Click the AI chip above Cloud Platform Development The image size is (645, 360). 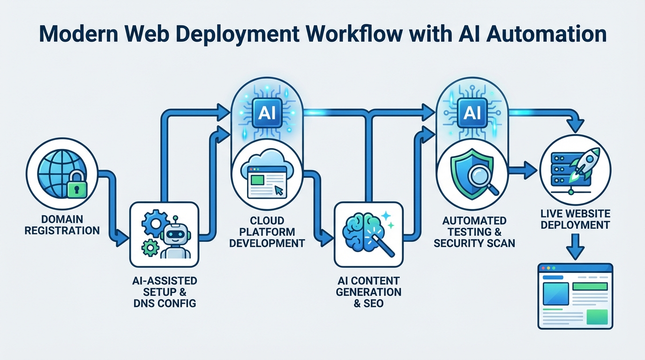[267, 112]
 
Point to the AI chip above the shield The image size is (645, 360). [472, 112]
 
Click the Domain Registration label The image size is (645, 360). [62, 225]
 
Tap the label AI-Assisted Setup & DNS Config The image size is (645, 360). [164, 292]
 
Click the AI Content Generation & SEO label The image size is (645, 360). [368, 292]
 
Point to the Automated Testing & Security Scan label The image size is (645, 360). [474, 232]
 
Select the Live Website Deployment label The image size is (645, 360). [575, 219]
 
